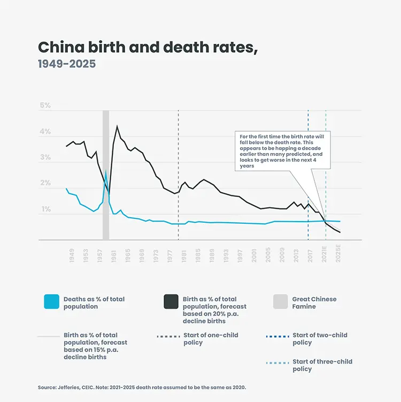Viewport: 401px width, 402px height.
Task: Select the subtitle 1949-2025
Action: pos(67,64)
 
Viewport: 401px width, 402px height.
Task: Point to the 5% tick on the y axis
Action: pos(45,105)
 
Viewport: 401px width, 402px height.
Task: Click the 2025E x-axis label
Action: pos(338,253)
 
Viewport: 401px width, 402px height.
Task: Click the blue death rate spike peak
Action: pos(106,171)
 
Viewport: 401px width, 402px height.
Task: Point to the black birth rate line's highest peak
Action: pos(117,126)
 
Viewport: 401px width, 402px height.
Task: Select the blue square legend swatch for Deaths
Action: pos(51,302)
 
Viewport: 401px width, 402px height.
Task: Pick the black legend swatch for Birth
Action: pos(171,302)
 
